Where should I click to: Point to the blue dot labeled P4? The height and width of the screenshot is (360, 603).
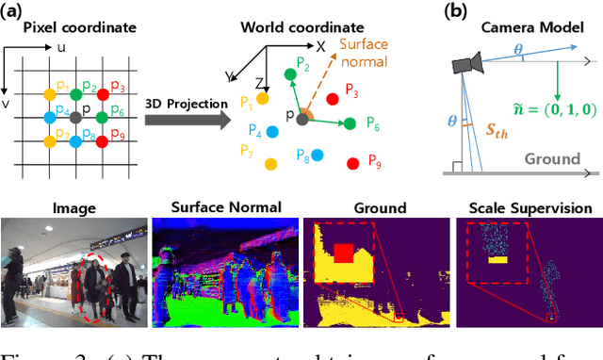point(272,132)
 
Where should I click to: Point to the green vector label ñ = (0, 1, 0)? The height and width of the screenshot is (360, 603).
point(544,106)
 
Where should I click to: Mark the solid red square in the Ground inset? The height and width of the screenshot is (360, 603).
point(343,252)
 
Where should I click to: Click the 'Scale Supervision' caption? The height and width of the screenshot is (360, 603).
point(528,208)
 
